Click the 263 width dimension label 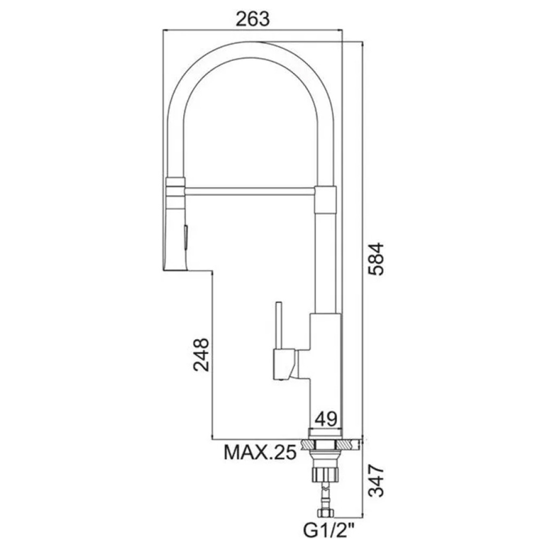253,19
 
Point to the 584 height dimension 377,259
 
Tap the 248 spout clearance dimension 201,354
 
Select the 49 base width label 326,418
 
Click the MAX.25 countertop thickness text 260,452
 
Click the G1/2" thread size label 327,533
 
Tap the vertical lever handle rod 279,326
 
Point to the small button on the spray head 186,237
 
